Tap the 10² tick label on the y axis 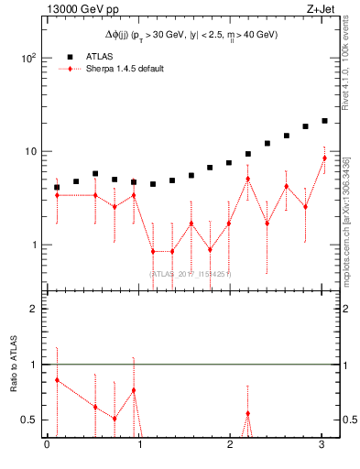pyautogui.click(x=28, y=58)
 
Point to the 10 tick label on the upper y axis pyautogui.click(x=30, y=151)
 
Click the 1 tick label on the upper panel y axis pyautogui.click(x=33, y=245)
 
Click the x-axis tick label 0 pyautogui.click(x=47, y=446)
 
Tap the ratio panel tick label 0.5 pyautogui.click(x=27, y=420)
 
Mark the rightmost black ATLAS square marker pyautogui.click(x=324, y=121)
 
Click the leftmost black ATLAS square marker pyautogui.click(x=57, y=187)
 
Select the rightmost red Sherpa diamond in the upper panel pyautogui.click(x=324, y=158)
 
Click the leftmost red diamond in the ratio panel pyautogui.click(x=57, y=379)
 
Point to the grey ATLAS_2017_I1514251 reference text pyautogui.click(x=190, y=274)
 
